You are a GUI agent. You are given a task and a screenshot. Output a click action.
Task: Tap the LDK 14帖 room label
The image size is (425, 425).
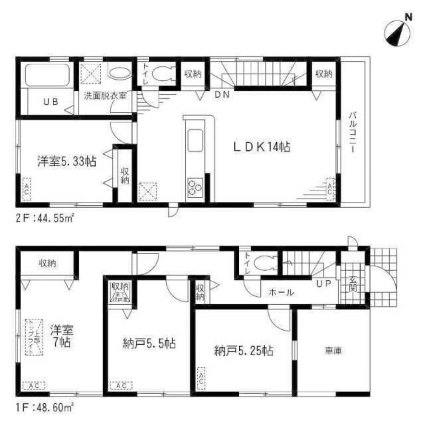coord(261,147)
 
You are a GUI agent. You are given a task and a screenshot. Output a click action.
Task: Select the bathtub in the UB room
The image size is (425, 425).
coord(46,76)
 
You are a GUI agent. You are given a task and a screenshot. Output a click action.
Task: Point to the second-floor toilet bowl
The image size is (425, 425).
coord(163,74)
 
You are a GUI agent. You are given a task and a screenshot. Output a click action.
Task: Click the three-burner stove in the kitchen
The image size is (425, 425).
coord(195,187)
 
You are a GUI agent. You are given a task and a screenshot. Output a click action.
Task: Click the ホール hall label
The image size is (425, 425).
coord(280,292)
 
